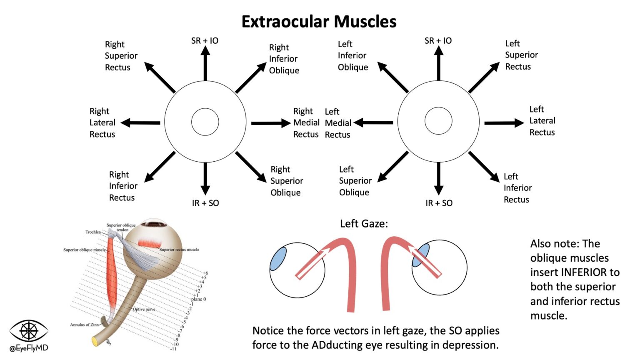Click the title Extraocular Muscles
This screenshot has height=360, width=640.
click(319, 22)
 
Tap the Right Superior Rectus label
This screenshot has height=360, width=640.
click(121, 56)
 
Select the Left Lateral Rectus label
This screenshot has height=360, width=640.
click(542, 121)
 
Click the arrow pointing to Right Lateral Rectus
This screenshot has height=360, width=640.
click(140, 123)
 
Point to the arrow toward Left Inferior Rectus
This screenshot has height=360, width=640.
click(484, 167)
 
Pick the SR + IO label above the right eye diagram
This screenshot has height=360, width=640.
click(205, 41)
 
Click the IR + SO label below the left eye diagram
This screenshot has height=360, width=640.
click(439, 203)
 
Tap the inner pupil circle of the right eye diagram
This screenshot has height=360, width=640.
click(205, 122)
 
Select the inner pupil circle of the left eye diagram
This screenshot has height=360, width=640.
click(438, 121)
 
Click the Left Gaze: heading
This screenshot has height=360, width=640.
click(364, 224)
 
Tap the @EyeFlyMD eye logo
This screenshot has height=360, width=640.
click(29, 331)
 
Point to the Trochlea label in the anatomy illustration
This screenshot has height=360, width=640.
click(93, 232)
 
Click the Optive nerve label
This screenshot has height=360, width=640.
click(144, 309)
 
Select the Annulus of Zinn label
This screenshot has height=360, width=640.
click(85, 325)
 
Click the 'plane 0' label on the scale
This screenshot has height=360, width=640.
click(199, 299)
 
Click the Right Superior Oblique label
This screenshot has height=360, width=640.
click(286, 181)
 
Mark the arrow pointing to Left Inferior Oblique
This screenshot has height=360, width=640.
click(392, 77)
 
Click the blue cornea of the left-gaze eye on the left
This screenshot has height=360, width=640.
click(277, 258)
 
